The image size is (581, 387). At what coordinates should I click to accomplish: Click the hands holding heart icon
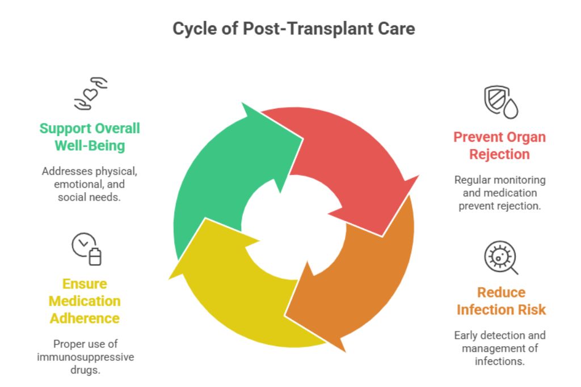tap(91, 93)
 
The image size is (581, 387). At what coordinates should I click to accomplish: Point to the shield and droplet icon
tap(500, 102)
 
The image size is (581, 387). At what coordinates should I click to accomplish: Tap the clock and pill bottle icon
tap(87, 249)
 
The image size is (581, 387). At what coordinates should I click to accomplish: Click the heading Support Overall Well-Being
tap(90, 137)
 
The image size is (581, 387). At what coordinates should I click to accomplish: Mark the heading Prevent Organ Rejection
tap(499, 146)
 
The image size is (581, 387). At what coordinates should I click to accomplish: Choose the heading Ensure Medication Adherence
tap(85, 301)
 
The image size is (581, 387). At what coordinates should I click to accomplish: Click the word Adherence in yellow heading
tap(85, 318)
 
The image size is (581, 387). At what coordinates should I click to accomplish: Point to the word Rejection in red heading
tap(499, 155)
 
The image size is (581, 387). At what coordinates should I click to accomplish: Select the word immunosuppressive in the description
tap(86, 357)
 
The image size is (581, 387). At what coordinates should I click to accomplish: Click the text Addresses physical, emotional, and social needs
tap(90, 184)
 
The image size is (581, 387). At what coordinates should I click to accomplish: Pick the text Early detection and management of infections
tap(500, 348)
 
